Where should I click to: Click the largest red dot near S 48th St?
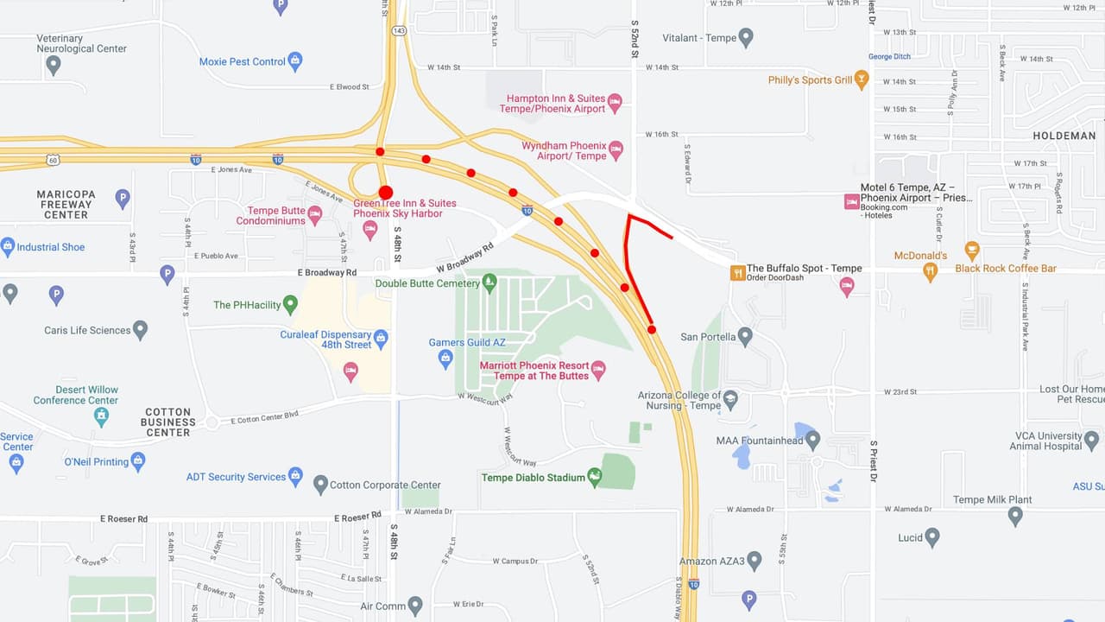386,192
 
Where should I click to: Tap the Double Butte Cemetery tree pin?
489,282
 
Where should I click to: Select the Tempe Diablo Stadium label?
533,478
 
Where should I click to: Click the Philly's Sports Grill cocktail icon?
861,80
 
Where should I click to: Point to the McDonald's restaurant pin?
930,271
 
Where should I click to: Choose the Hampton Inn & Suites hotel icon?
615,103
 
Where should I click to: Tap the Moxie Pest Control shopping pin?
295,61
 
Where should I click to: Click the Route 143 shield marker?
398,30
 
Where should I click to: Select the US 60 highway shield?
53,160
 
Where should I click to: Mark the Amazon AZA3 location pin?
755,561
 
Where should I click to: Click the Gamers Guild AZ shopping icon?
445,358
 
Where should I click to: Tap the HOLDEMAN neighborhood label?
1064,136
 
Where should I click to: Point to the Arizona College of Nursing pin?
731,399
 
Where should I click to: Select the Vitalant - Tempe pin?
746,37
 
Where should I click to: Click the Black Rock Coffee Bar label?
1006,269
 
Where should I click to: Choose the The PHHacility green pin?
290,304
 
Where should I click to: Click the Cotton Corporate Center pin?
320,484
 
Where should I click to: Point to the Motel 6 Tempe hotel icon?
851,201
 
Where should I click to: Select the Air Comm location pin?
415,605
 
